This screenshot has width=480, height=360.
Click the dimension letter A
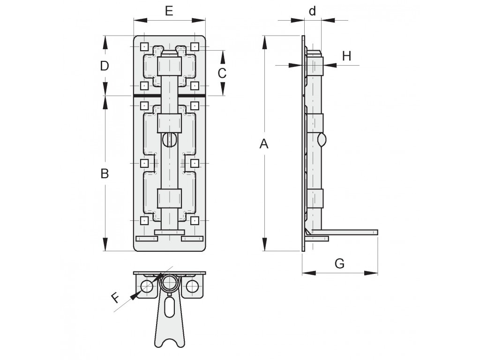(x=264, y=143)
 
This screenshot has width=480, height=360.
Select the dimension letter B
(x=105, y=173)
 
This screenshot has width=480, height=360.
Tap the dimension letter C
(x=222, y=73)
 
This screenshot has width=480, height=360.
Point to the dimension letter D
(x=105, y=66)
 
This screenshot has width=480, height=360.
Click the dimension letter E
(x=169, y=11)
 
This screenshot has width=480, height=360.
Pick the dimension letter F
(x=115, y=298)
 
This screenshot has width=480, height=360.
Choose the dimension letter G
(x=339, y=263)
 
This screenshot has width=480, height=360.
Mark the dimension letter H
(x=346, y=56)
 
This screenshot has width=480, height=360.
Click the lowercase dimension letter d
(x=312, y=11)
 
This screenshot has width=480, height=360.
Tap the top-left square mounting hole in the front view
(x=144, y=47)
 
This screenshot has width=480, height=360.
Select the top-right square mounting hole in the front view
(x=195, y=47)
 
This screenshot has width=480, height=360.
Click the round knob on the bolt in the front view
(x=169, y=140)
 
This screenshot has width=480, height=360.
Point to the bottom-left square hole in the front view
(x=144, y=220)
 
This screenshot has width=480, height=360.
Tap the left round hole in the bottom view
(x=147, y=286)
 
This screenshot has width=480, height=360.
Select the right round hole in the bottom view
(x=192, y=286)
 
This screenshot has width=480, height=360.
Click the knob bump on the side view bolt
(x=322, y=140)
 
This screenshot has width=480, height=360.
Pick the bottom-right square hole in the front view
(x=195, y=220)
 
